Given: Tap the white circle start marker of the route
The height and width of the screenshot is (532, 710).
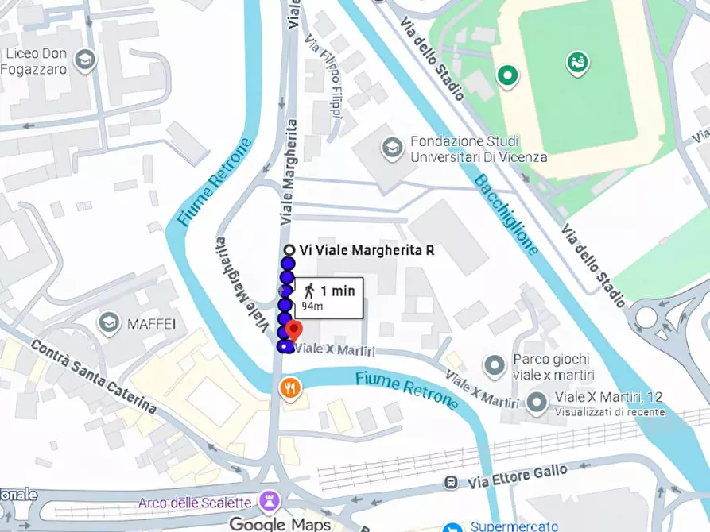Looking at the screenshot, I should (289, 250).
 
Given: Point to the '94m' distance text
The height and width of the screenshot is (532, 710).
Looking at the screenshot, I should (312, 306).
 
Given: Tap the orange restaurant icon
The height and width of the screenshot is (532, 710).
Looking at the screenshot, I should (288, 387).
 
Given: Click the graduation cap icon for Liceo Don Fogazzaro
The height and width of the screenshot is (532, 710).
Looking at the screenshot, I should (84, 60).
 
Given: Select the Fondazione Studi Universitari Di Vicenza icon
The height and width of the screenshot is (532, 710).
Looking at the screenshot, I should (391, 147).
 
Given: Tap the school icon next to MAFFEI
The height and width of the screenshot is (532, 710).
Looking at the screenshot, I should (108, 322).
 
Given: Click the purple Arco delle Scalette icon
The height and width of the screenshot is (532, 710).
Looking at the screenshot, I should (267, 502).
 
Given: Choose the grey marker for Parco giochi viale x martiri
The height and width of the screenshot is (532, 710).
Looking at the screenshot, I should (495, 366).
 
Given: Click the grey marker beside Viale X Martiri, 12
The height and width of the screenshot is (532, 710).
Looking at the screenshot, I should (537, 403).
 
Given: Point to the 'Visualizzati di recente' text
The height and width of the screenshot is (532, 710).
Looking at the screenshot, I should (608, 412).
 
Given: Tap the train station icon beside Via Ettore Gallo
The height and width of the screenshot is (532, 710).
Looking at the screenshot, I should (452, 483).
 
